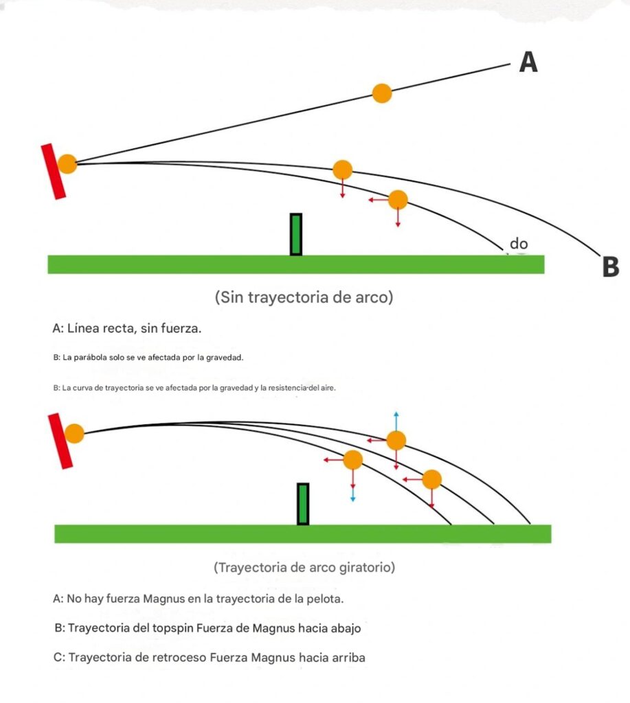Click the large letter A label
tap(528, 62)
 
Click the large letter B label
tap(610, 266)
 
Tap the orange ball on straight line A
tap(382, 93)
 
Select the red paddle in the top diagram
tap(54, 172)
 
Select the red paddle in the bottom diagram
tap(60, 441)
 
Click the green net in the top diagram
tap(296, 235)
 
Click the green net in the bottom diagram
tap(302, 504)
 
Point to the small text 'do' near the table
tap(518, 244)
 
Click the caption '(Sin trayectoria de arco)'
tap(304, 298)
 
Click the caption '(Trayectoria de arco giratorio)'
tap(304, 568)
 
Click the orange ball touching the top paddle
tap(67, 164)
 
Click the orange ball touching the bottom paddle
tap(74, 434)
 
